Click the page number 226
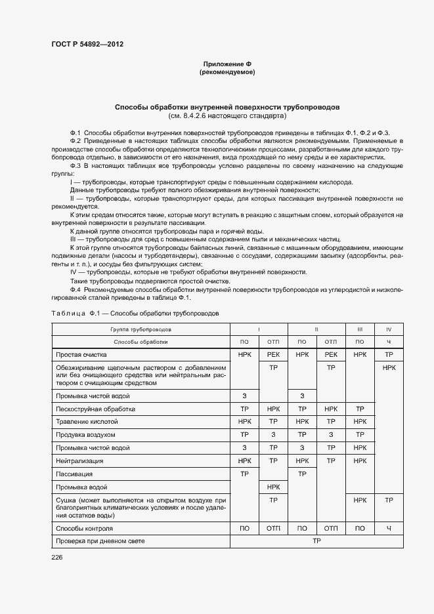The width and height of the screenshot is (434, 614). [x=56, y=558]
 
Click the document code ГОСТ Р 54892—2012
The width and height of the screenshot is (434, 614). [x=87, y=44]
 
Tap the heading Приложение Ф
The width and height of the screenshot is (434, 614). [x=227, y=64]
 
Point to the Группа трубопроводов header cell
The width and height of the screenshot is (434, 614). [x=141, y=329]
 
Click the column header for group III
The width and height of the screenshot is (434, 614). [x=360, y=329]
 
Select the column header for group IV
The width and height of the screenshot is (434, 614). [x=389, y=329]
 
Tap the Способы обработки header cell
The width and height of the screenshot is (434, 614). [x=141, y=342]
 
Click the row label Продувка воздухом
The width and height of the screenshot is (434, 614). [x=85, y=434]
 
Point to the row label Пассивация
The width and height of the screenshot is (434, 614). [x=74, y=474]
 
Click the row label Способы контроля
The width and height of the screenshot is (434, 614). [x=84, y=528]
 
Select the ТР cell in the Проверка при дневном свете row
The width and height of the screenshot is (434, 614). [x=316, y=541]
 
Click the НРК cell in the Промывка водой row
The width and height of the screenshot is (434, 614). [x=273, y=487]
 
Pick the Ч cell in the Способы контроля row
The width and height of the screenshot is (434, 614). [x=389, y=528]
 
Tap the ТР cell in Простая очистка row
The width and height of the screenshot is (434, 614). [x=389, y=354]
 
